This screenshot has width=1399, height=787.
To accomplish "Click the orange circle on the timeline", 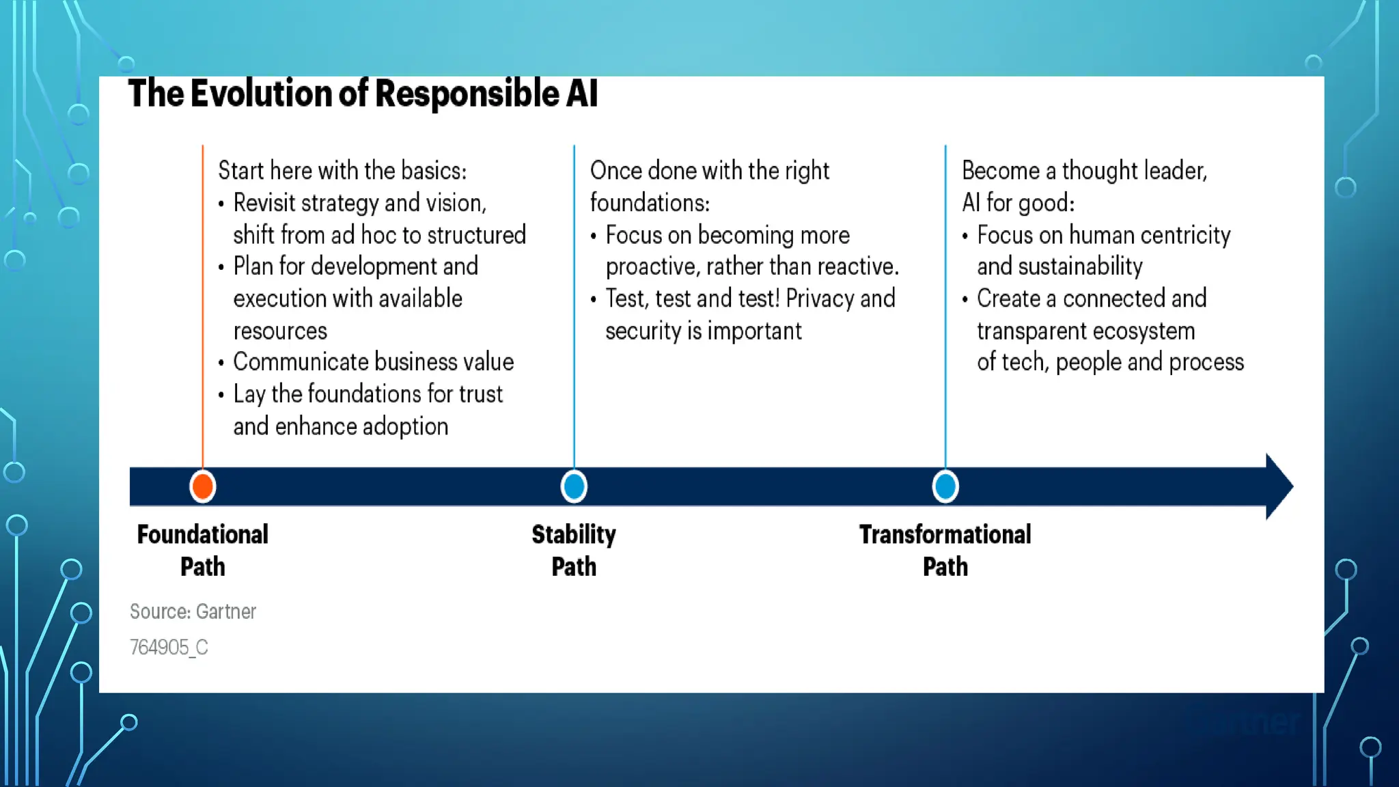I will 203,486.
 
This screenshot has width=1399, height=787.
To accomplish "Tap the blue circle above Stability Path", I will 574,486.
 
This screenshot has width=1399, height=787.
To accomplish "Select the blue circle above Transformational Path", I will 945,486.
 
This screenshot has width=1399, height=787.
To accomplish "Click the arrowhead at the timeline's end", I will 1279,486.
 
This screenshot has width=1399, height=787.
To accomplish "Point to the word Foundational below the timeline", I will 202,534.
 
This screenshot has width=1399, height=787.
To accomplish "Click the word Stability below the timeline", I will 574,534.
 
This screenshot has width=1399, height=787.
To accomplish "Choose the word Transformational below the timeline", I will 945,534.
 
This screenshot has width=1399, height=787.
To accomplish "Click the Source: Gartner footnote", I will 193,611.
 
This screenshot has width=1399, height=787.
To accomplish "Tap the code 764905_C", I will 169,647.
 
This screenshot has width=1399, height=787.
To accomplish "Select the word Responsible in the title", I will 467,94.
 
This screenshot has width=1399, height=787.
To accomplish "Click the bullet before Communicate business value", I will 221,363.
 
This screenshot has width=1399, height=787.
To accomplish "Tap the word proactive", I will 652,266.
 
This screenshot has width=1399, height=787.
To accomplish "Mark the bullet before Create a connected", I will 965,299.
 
